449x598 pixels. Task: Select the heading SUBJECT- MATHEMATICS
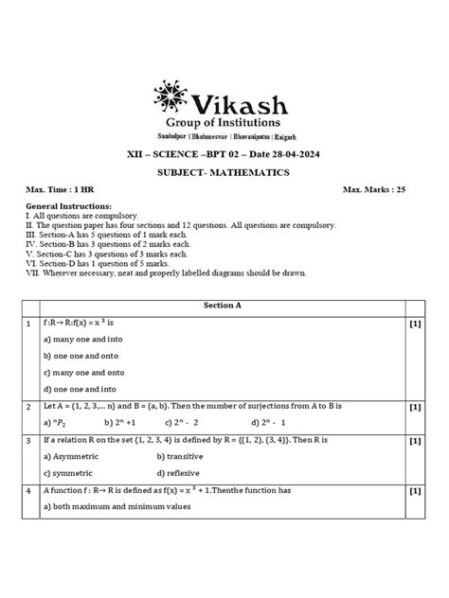pyautogui.click(x=224, y=175)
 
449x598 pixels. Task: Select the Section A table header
pyautogui.click(x=224, y=308)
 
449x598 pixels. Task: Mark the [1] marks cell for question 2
pyautogui.click(x=415, y=407)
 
